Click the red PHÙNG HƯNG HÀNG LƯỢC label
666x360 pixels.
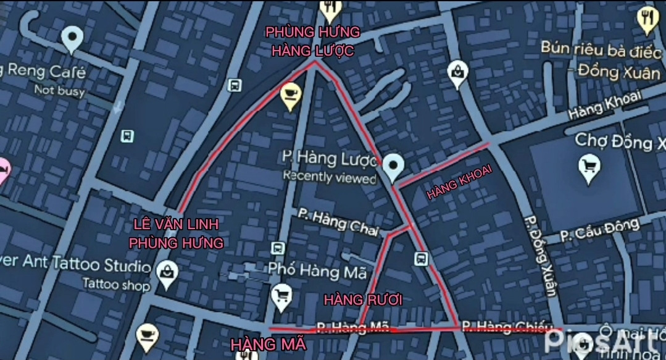click(312, 41)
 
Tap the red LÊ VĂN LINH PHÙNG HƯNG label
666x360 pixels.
click(176, 233)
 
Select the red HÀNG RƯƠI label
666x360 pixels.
click(363, 300)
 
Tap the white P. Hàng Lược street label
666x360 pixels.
click(329, 159)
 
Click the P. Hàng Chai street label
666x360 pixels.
click(338, 222)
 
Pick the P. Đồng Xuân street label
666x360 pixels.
click(539, 256)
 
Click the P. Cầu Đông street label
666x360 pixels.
click(599, 230)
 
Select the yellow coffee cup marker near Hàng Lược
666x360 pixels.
click(291, 96)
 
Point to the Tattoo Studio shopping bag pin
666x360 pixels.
click(167, 273)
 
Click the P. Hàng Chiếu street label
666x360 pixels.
click(494, 325)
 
